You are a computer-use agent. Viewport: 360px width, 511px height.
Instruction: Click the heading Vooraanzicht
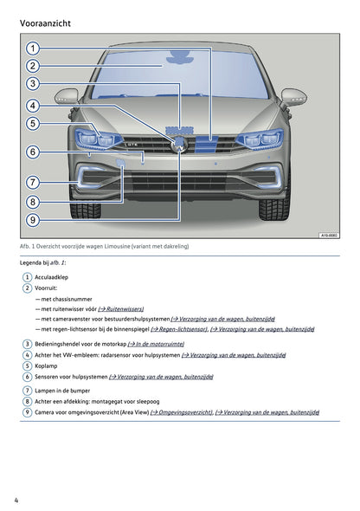45,23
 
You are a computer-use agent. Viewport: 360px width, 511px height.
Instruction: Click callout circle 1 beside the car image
32,49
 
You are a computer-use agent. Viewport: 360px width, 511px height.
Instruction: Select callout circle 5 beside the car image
32,124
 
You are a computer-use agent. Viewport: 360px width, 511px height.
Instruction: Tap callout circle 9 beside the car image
32,220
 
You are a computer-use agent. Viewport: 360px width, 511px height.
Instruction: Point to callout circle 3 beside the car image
32,84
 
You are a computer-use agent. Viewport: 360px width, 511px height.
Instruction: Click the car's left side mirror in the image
67,97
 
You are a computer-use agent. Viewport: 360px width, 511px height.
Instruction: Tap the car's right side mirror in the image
294,97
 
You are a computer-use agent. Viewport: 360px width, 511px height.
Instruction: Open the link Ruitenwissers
120,308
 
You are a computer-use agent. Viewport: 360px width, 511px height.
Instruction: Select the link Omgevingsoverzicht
181,412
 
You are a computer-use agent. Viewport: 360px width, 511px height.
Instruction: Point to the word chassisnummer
71,298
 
